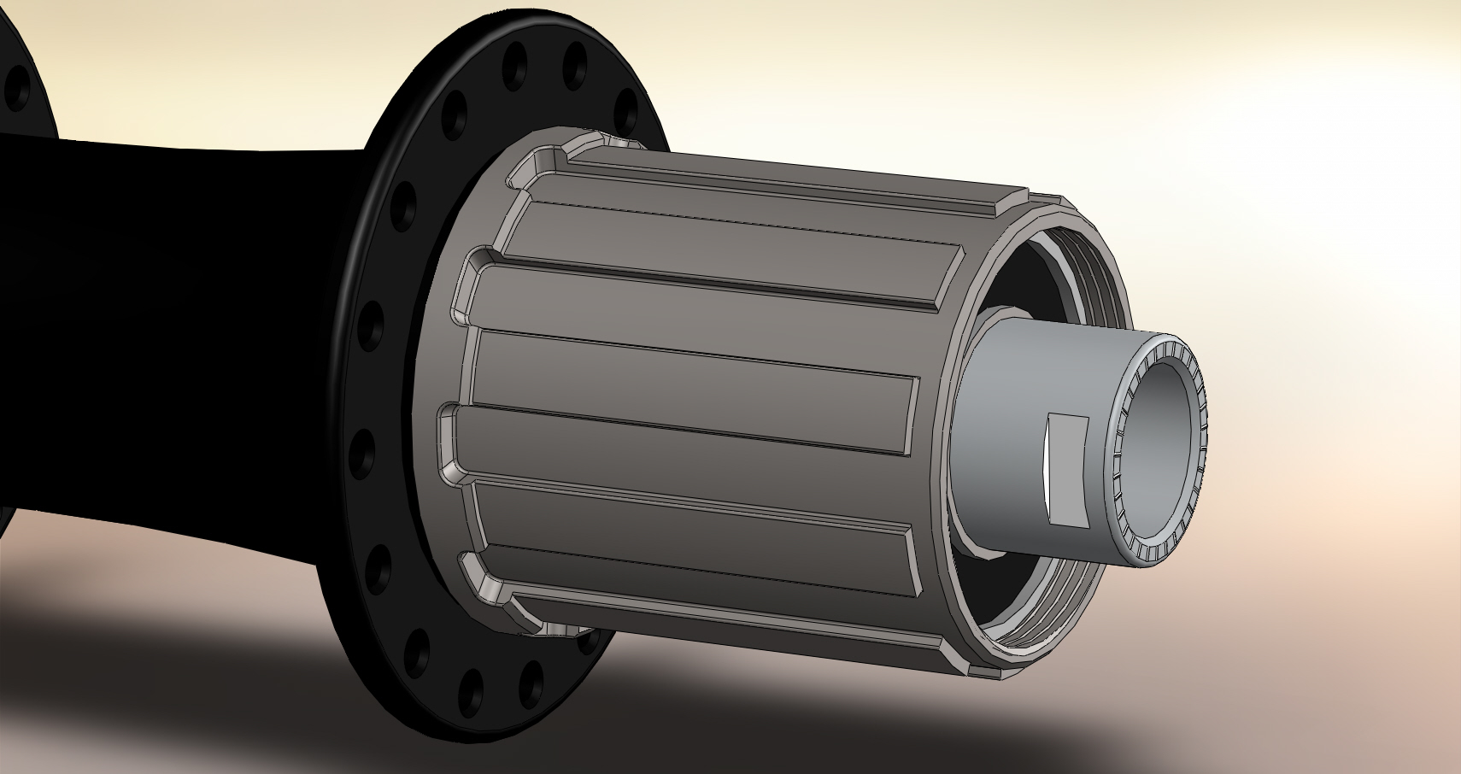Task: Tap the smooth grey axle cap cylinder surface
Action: pos(1025,444)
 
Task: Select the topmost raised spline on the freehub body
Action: pos(769,184)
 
